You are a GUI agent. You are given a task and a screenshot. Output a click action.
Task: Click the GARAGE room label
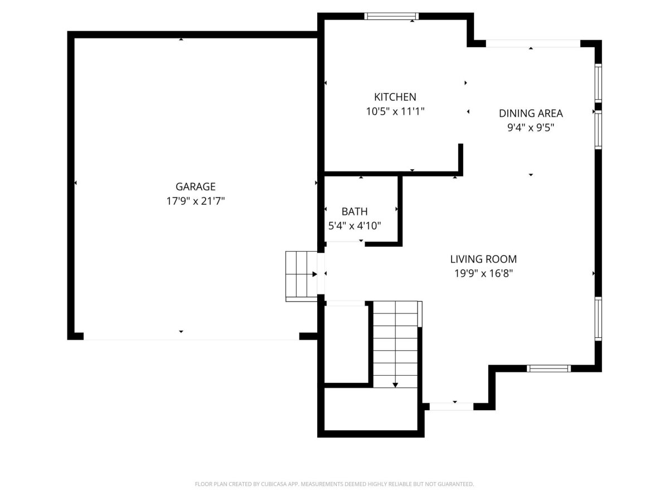(x=195, y=186)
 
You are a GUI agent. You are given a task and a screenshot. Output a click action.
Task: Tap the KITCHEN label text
(x=395, y=97)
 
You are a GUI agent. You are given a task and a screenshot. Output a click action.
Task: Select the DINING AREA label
(x=531, y=114)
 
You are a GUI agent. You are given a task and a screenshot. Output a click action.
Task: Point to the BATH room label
(x=355, y=212)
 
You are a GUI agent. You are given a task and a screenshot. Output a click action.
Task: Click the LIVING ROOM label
(x=483, y=259)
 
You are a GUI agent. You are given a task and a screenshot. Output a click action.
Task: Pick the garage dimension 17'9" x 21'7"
(x=195, y=201)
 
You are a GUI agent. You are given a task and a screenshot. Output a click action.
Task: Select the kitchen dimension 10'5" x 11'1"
(x=395, y=112)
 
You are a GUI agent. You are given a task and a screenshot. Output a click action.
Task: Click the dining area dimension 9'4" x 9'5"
(x=531, y=128)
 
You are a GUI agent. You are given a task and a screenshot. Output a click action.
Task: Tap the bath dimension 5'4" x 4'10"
(x=355, y=226)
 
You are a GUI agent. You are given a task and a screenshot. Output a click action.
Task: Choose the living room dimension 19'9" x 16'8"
(x=483, y=274)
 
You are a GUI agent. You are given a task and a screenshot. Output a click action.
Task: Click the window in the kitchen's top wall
(x=391, y=16)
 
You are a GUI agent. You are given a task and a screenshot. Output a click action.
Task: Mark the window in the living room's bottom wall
(x=549, y=369)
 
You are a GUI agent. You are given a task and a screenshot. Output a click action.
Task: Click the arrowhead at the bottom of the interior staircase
(x=395, y=385)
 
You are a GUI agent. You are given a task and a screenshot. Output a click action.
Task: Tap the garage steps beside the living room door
(x=302, y=276)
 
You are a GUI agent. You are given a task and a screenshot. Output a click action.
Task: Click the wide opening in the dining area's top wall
(x=533, y=43)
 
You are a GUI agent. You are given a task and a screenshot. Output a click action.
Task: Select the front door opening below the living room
(x=452, y=407)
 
